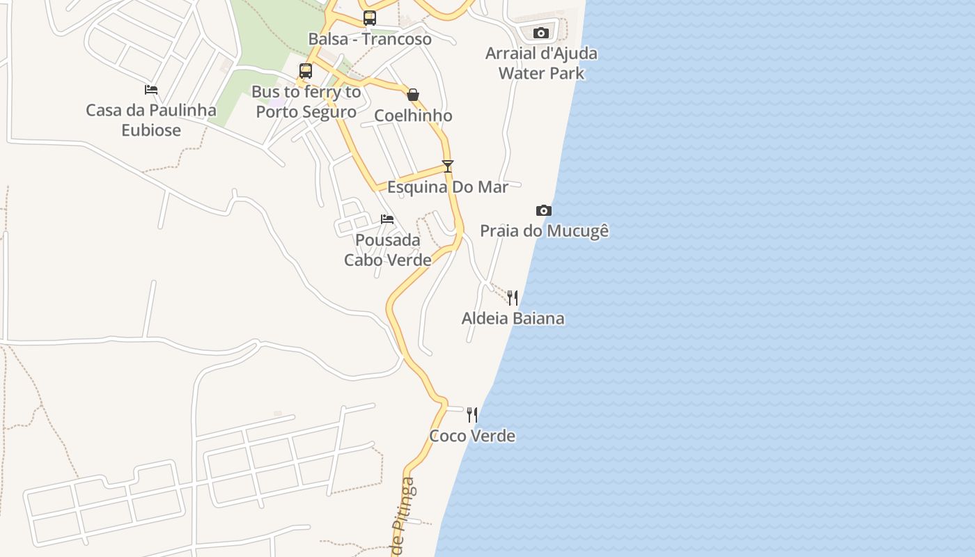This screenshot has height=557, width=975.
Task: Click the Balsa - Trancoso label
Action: click(x=370, y=39)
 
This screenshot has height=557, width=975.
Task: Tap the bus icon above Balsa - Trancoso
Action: click(x=370, y=18)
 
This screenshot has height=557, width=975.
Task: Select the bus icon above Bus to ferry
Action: click(x=306, y=70)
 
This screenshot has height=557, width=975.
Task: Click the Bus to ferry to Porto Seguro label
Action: click(x=306, y=102)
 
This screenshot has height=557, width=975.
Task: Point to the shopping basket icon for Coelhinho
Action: click(x=413, y=95)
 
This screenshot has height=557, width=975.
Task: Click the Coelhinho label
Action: click(x=413, y=116)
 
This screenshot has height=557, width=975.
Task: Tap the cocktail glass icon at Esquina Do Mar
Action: click(x=448, y=166)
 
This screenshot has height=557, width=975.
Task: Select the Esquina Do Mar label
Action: click(x=448, y=187)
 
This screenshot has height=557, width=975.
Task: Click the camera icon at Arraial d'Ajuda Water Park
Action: click(x=541, y=33)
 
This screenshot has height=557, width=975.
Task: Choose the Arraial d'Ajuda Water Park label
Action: click(x=541, y=63)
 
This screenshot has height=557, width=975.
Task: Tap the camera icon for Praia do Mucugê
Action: click(x=544, y=210)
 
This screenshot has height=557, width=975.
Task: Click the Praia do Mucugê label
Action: click(x=545, y=230)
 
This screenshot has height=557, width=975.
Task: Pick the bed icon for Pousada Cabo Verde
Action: click(x=387, y=219)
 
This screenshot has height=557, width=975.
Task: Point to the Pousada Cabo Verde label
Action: click(x=388, y=250)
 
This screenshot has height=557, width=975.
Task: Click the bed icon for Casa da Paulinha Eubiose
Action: click(x=151, y=90)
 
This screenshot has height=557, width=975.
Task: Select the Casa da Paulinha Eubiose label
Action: click(x=151, y=120)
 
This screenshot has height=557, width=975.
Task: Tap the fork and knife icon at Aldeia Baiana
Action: click(x=513, y=298)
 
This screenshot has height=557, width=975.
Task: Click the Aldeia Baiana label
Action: click(x=513, y=318)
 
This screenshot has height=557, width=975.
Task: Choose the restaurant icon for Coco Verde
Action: click(x=472, y=415)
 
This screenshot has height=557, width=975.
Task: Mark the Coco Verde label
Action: click(x=472, y=436)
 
